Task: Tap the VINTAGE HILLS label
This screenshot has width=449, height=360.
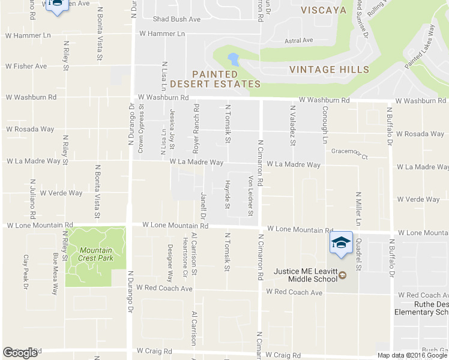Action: (329, 70)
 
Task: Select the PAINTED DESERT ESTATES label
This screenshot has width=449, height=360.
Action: (215, 79)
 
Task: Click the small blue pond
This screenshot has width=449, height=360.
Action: (233, 59)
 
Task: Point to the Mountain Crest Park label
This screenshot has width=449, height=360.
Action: (95, 254)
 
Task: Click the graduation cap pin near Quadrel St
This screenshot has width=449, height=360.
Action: (341, 243)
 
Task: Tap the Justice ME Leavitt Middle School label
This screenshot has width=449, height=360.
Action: (306, 275)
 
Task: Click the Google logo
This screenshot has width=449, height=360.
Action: (20, 353)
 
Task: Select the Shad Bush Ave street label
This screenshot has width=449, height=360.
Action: (176, 19)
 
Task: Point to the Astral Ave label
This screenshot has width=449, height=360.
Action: (299, 41)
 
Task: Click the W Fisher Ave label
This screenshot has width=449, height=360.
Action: (26, 66)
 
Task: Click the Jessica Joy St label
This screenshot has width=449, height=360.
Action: (172, 128)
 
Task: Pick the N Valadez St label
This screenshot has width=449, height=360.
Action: (292, 125)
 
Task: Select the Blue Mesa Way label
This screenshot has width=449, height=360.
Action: (55, 273)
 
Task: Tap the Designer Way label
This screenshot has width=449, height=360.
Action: (170, 263)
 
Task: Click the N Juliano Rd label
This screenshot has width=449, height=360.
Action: (33, 199)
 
